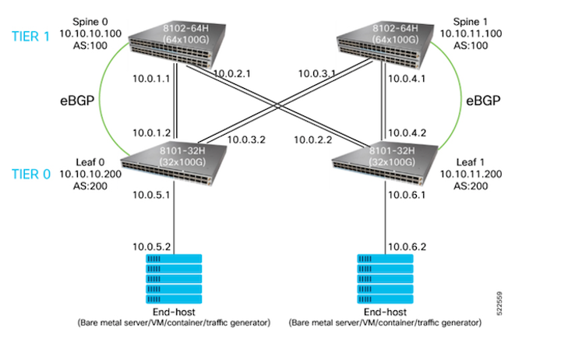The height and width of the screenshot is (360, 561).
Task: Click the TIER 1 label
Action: [28, 37]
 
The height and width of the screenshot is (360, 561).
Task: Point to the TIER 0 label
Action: [28, 154]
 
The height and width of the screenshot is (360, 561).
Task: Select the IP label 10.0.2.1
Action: [231, 73]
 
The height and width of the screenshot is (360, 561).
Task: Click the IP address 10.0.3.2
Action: [246, 142]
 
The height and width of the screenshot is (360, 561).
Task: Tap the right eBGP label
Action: [482, 101]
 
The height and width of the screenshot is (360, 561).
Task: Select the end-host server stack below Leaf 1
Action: [385, 280]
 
